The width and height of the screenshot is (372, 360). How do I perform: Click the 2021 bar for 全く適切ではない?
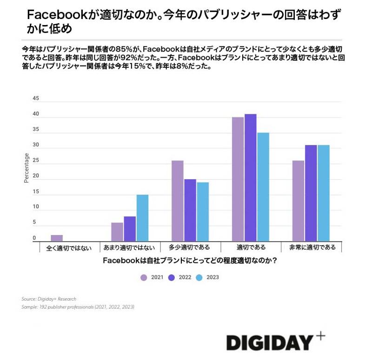tap(57, 238)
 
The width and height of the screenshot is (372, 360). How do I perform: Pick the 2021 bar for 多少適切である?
tap(178, 201)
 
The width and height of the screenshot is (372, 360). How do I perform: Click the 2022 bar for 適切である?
tap(250, 177)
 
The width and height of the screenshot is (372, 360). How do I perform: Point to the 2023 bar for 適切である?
tap(263, 187)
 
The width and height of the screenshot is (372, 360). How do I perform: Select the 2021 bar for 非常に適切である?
tap(298, 201)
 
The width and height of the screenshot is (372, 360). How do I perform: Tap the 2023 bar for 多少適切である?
tap(202, 211)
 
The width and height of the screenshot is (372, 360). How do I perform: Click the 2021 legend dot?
tap(144, 277)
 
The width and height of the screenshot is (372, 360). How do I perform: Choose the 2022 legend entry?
tap(180, 277)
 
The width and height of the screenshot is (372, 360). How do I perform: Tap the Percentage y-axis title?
tap(27, 168)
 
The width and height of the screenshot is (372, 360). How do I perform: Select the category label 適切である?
tap(251, 248)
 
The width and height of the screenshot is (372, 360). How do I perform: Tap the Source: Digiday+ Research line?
tap(49, 299)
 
